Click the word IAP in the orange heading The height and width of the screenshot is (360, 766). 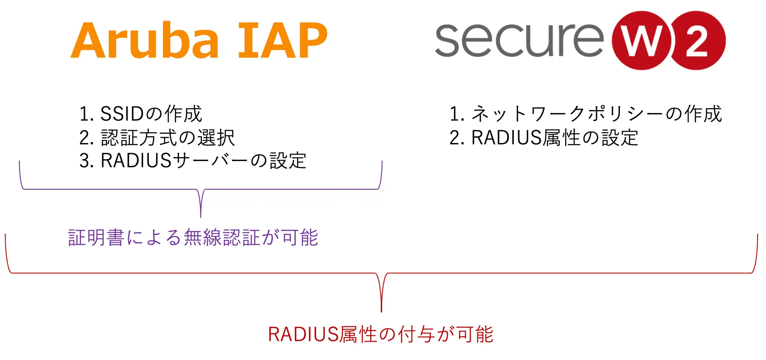pyautogui.click(x=282, y=40)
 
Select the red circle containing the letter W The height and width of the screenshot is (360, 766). pyautogui.click(x=642, y=40)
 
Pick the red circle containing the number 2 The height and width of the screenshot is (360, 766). pyautogui.click(x=698, y=40)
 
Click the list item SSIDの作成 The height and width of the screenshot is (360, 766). pyautogui.click(x=140, y=114)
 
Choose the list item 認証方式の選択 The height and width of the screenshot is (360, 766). pyautogui.click(x=157, y=138)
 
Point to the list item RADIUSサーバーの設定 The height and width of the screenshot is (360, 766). pyautogui.click(x=193, y=161)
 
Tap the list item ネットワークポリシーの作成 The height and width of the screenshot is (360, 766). pyautogui.click(x=586, y=114)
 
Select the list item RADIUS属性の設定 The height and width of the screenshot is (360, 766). pyautogui.click(x=544, y=138)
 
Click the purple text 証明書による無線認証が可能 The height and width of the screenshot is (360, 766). pyautogui.click(x=193, y=238)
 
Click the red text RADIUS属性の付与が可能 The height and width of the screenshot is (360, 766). pyautogui.click(x=380, y=334)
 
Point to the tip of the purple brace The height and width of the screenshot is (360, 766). pyautogui.click(x=201, y=217)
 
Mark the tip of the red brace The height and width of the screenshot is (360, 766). pyautogui.click(x=381, y=312)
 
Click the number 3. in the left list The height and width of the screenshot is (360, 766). pyautogui.click(x=87, y=161)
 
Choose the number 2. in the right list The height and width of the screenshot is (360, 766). pyautogui.click(x=457, y=138)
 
